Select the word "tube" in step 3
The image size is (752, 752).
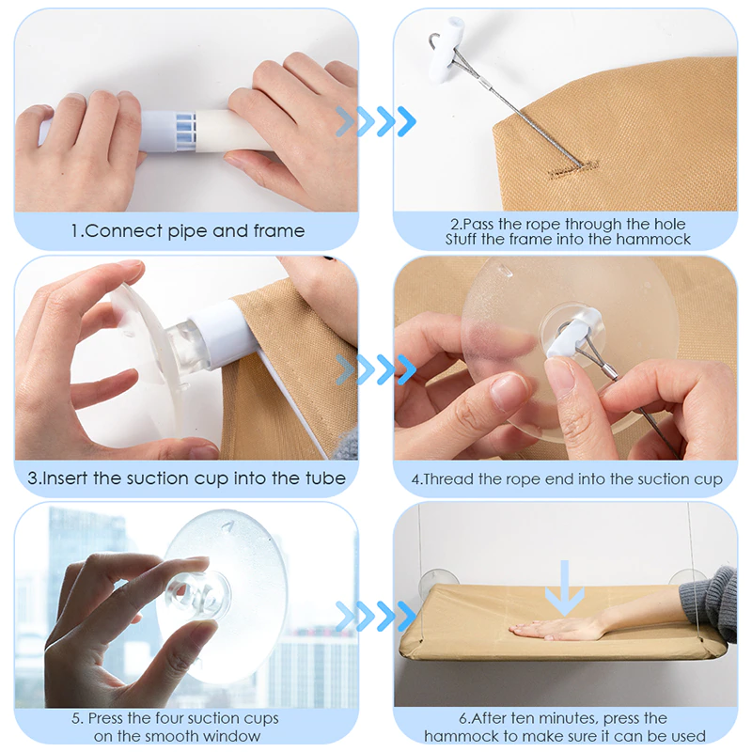pos(325,478)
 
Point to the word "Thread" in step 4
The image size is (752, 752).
pos(449,478)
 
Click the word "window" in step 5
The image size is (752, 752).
pos(230,736)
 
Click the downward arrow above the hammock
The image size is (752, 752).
pos(565,588)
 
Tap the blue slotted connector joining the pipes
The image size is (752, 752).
pos(185,131)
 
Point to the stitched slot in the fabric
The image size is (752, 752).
pos(573,168)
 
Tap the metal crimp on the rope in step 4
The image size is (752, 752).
pos(609,370)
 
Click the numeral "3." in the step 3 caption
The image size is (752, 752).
pos(35,478)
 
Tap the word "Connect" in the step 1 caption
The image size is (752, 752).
pos(123,231)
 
